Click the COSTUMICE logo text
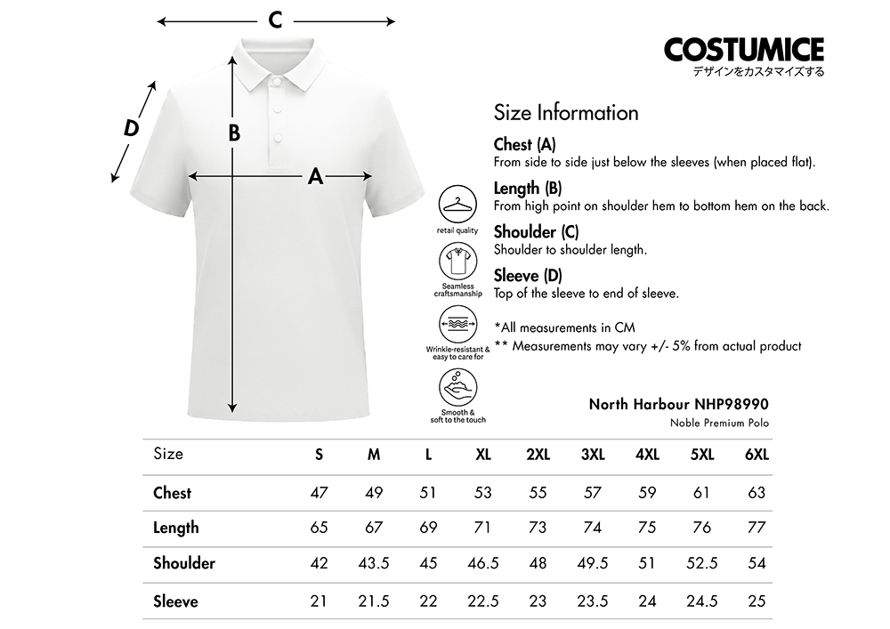[744, 49]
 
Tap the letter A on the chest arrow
[315, 176]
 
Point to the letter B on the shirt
[234, 133]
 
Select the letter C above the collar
[276, 20]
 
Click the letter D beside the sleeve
[132, 127]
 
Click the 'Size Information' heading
[566, 113]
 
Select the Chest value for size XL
[483, 493]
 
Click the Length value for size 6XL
[756, 528]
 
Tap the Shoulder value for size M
[374, 563]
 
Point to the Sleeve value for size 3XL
[593, 601]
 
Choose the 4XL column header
[647, 455]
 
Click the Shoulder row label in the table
[184, 563]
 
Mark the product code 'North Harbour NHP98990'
[678, 404]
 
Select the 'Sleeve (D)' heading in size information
[528, 276]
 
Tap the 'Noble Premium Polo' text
[719, 423]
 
